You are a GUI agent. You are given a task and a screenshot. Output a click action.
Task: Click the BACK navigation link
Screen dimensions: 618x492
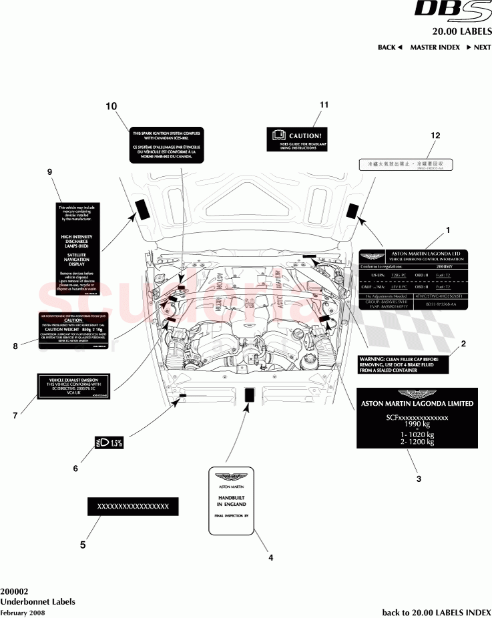point(390,47)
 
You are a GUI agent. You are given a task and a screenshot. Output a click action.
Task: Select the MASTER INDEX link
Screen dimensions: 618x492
point(435,47)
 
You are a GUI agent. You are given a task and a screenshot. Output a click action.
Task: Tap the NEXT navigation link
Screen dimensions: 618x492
point(478,47)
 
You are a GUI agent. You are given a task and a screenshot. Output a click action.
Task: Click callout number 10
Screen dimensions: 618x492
point(111,106)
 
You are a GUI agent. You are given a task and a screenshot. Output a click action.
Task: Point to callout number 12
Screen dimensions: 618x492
point(435,135)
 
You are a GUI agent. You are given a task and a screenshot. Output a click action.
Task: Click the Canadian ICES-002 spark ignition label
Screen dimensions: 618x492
point(167,144)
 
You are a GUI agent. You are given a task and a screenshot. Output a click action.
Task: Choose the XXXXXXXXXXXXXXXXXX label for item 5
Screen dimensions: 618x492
point(134,507)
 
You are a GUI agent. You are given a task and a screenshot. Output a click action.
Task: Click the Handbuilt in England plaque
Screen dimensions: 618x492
point(231,499)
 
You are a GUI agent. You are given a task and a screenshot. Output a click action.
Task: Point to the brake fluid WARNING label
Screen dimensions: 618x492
point(403,364)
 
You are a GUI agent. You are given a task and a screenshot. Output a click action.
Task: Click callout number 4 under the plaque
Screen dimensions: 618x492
point(270,557)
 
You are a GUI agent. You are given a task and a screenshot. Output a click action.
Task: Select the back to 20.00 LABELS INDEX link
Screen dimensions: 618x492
point(436,611)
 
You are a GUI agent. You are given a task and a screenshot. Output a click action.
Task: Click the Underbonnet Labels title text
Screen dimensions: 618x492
point(37,601)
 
